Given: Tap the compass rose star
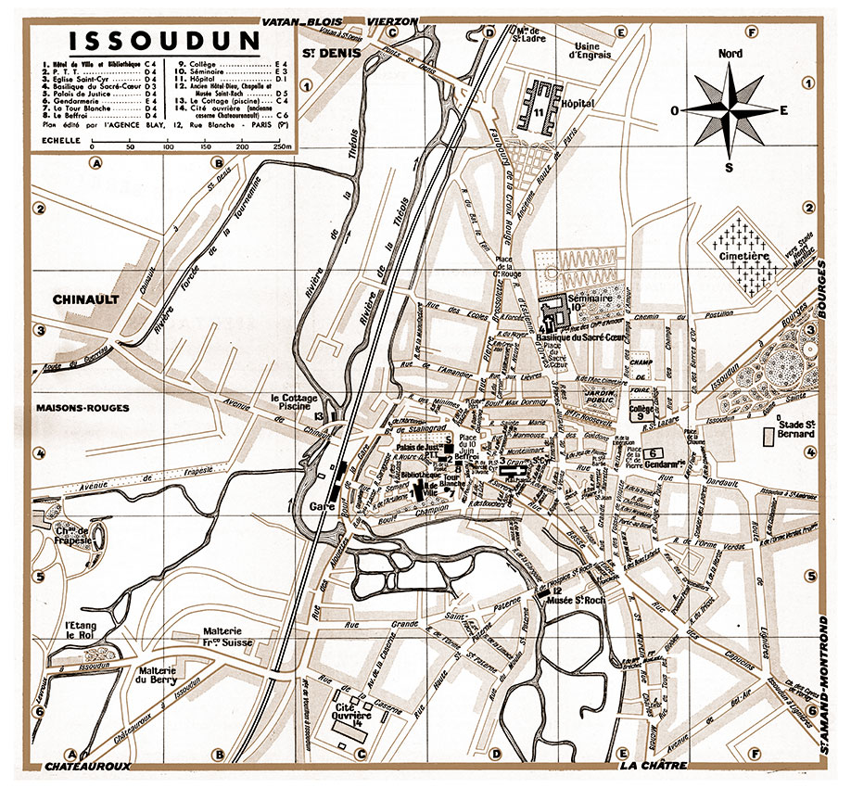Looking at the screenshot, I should click(730, 110).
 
